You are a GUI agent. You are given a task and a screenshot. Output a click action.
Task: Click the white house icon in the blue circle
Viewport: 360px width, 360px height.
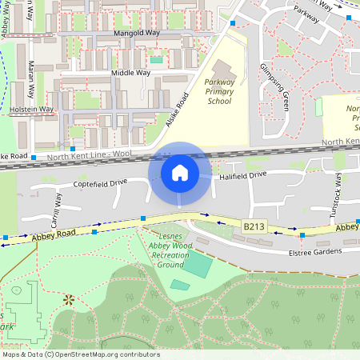[x=179, y=172]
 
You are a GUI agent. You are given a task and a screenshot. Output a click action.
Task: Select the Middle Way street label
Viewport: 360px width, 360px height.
[x=130, y=73]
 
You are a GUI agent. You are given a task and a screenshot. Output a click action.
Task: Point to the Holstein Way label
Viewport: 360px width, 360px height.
[x=31, y=109]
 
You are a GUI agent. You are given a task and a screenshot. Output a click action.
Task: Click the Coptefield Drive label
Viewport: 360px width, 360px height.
[x=100, y=183]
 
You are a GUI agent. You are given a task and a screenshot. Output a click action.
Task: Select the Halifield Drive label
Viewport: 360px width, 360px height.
[x=242, y=174]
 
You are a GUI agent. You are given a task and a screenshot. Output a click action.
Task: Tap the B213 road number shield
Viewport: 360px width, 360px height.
[x=254, y=227]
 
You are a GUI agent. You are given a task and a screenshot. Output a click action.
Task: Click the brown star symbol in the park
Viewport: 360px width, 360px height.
[x=69, y=300]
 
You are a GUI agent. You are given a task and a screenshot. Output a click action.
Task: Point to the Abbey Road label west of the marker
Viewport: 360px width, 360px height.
[x=54, y=236]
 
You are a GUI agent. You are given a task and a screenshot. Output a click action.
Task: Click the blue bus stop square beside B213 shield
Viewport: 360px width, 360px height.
[x=302, y=235]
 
